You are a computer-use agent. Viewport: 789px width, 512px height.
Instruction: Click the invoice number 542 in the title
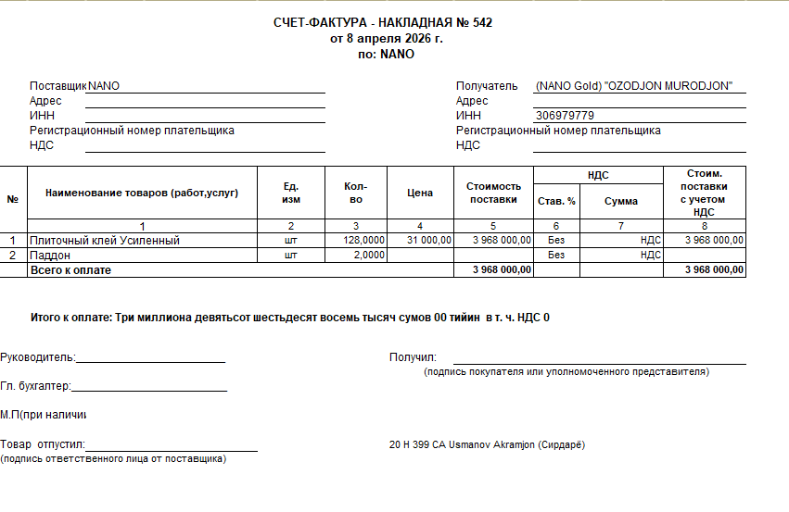pos(482,23)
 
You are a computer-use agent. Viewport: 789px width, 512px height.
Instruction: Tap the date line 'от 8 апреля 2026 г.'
pos(387,39)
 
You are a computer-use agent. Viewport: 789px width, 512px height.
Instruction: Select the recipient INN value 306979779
pos(565,116)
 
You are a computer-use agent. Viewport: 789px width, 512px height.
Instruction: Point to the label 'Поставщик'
pos(57,86)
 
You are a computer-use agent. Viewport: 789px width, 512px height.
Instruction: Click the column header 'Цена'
pos(420,194)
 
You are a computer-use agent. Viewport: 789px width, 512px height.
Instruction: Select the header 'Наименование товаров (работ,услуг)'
pos(142,194)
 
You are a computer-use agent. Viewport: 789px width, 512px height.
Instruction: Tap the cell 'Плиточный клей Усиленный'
pos(105,241)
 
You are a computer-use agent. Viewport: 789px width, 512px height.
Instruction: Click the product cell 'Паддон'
pos(51,255)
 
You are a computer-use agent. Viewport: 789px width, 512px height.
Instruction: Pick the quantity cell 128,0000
pos(363,241)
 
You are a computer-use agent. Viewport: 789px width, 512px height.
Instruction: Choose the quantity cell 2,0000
pos(369,255)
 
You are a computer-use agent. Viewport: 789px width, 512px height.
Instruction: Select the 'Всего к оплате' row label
pos(70,269)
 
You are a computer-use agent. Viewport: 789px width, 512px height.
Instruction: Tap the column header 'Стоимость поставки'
pos(493,193)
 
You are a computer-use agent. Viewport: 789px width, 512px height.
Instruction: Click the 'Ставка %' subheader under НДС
pos(556,201)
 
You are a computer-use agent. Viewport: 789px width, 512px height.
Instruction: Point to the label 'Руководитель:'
pos(38,357)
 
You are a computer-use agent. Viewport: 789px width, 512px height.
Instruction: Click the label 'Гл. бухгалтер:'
pos(35,386)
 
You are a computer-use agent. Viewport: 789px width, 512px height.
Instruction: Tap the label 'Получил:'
pos(413,357)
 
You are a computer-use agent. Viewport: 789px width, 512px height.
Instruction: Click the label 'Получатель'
pos(487,86)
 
